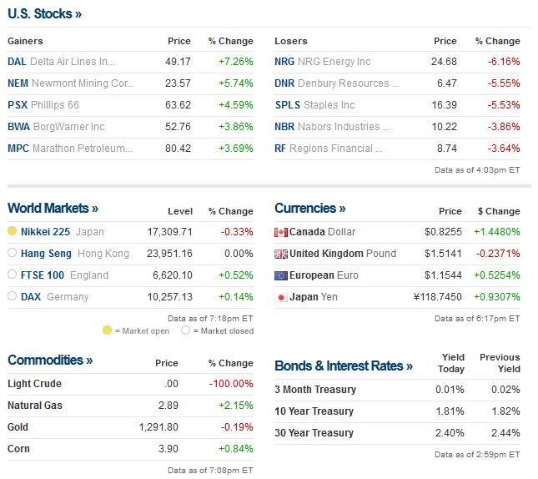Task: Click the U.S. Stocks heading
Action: [x=44, y=13]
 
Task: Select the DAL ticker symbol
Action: [x=17, y=62]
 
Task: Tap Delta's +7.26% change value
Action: [x=235, y=62]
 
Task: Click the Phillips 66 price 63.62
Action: [x=178, y=105]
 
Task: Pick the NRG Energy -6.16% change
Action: [x=503, y=62]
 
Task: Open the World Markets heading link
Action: [x=53, y=208]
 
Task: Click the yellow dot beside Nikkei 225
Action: [x=13, y=231]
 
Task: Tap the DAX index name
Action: [x=31, y=297]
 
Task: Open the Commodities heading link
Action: [x=50, y=360]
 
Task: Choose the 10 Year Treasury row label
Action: [x=314, y=411]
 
